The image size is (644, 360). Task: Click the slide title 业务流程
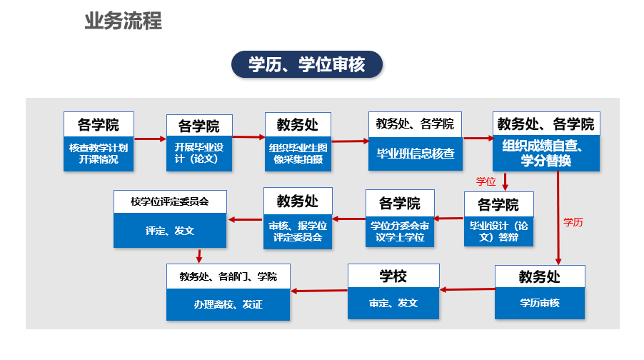124,21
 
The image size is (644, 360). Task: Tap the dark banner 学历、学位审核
307,64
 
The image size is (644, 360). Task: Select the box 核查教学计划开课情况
99,154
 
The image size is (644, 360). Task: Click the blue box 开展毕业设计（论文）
199,154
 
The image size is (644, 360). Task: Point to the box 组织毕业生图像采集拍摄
298,154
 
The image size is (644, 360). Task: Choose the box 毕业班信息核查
416,154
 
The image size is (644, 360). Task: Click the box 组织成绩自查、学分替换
546,154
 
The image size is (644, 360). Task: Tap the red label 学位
486,181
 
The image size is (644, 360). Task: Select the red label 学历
573,222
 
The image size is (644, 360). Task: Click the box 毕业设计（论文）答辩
498,231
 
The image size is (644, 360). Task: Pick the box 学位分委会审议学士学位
400,231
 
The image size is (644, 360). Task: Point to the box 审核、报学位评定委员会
298,231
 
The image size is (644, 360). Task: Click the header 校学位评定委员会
170,201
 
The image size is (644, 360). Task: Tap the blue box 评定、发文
170,231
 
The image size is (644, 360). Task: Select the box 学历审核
540,304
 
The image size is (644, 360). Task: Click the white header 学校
393,276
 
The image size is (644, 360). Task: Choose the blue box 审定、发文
393,304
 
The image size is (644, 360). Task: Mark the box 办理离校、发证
228,304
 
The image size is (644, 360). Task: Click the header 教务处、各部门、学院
228,276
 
